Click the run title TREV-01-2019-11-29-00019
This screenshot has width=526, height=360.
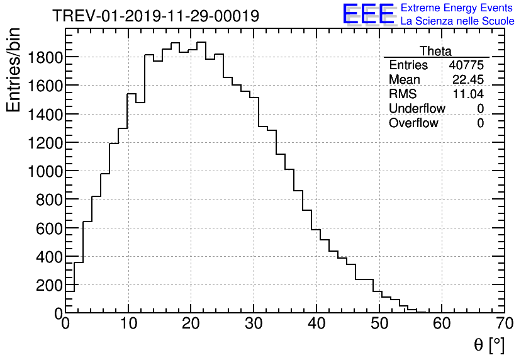pos(155,16)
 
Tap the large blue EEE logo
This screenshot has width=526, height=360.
pos(369,15)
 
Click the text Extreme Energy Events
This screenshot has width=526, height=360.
pos(457,8)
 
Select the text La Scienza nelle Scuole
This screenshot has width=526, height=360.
pos(457,21)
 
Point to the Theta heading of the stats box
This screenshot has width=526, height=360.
pos(435,51)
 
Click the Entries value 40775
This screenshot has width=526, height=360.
pos(466,65)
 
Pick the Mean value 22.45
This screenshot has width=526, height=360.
pos(469,80)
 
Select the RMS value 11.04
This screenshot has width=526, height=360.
pos(469,94)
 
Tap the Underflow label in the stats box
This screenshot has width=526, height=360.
pos(417,109)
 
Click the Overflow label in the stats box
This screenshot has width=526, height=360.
pos(413,123)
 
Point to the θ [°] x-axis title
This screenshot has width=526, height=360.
pos(489,345)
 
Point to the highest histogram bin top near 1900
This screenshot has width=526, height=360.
pos(201,43)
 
